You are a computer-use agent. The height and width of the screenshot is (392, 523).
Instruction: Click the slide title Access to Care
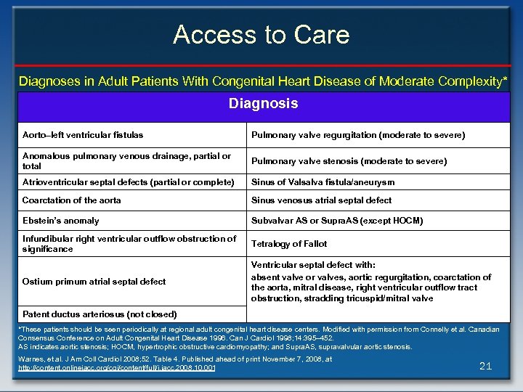(261, 34)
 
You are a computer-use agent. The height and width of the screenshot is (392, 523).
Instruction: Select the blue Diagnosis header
(263, 104)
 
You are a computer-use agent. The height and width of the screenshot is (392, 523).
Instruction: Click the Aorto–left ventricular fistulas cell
(83, 135)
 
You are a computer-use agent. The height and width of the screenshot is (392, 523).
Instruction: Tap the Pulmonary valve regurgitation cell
(358, 135)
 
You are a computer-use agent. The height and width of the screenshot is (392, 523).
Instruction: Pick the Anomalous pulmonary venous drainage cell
(126, 161)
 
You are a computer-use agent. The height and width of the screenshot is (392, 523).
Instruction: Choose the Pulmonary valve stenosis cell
(349, 161)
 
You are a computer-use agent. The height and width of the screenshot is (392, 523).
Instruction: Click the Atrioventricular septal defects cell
(129, 182)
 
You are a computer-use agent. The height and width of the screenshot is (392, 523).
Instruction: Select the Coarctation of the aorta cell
(72, 200)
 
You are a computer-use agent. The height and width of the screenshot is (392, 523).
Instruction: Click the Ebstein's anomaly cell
(61, 221)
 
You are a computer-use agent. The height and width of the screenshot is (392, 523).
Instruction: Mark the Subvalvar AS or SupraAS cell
(337, 221)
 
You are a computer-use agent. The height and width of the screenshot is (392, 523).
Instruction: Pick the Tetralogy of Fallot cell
(289, 244)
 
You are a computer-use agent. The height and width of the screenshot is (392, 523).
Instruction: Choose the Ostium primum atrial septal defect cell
(94, 282)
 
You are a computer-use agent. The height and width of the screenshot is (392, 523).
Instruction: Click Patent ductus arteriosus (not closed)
(100, 314)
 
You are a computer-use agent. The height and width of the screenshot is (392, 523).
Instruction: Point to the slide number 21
(486, 366)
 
